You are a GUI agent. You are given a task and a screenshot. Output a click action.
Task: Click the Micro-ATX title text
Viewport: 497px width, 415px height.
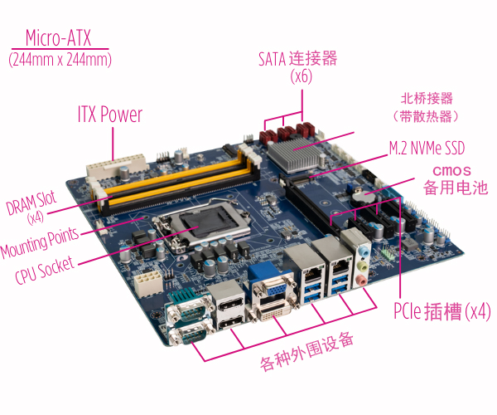click(58, 38)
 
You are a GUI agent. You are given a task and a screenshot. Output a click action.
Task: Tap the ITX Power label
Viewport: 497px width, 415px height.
click(110, 115)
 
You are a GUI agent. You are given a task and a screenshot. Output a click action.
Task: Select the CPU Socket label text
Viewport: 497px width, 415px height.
click(45, 271)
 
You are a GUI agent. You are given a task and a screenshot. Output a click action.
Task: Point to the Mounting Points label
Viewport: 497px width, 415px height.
click(39, 242)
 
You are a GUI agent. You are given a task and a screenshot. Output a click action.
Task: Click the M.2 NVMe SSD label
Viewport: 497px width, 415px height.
click(427, 148)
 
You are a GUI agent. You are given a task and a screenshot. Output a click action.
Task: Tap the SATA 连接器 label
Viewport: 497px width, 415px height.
click(297, 59)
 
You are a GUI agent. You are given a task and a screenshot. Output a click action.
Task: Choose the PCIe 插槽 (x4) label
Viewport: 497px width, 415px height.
click(442, 311)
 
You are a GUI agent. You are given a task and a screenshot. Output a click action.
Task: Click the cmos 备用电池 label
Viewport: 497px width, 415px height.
click(455, 180)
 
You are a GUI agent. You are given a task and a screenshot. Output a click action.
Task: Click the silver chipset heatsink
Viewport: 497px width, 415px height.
click(293, 155)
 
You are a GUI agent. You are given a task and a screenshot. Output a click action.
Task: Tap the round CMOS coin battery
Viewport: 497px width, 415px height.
click(363, 198)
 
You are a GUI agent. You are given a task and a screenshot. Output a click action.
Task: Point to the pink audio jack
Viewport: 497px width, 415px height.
click(360, 281)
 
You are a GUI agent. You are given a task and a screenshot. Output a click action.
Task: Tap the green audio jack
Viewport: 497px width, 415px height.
click(362, 266)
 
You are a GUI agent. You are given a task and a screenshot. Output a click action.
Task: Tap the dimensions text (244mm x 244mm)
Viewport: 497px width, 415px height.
click(60, 60)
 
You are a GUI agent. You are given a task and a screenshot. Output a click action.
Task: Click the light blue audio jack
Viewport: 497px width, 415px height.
click(364, 252)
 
